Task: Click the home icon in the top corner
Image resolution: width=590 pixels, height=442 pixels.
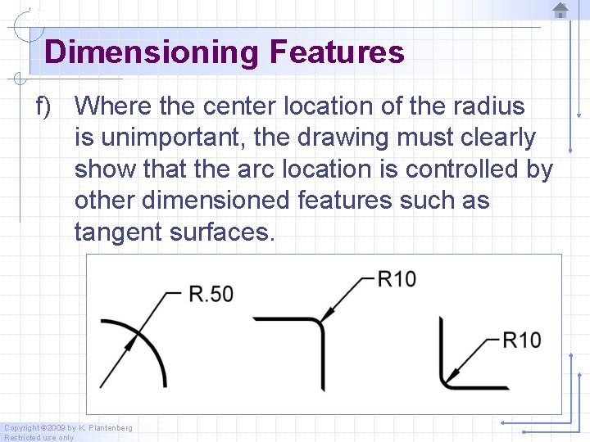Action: pyautogui.click(x=560, y=10)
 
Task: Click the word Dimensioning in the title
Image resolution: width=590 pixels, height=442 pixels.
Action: pyautogui.click(x=151, y=52)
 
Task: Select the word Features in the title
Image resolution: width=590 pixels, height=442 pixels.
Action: pyautogui.click(x=336, y=52)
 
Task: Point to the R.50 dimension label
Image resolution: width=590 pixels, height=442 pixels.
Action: pyautogui.click(x=211, y=293)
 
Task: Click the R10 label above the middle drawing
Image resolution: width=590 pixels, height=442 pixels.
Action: pyautogui.click(x=397, y=279)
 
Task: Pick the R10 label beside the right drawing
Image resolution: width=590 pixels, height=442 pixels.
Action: pyautogui.click(x=521, y=340)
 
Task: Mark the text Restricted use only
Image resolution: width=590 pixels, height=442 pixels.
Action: pyautogui.click(x=39, y=437)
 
